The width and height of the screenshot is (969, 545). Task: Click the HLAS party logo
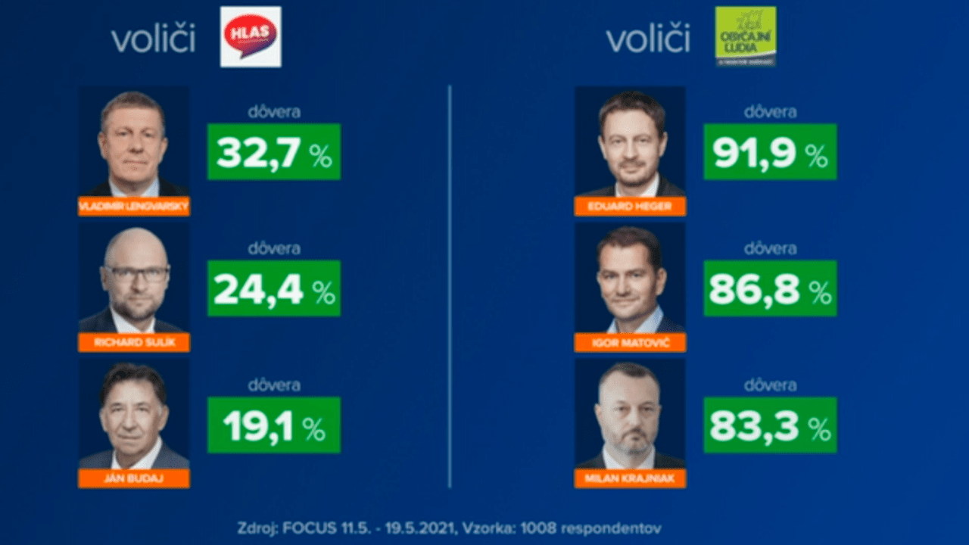coord(251,36)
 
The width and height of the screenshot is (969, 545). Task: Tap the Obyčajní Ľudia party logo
coord(746,36)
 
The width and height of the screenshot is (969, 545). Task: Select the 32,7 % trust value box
coord(274,152)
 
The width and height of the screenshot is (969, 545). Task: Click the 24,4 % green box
coord(274,288)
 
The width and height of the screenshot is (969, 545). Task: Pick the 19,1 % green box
coord(274,425)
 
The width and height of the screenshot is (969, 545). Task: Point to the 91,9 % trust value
coord(770,152)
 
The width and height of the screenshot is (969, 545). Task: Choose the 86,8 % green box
coord(770,288)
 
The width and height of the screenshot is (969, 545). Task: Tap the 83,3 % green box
coord(770,425)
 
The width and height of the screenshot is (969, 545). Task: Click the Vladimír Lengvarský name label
coord(134,206)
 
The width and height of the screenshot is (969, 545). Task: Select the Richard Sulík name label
coord(134,342)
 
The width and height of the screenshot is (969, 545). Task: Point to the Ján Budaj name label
coord(134,478)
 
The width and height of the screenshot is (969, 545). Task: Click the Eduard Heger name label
coord(630,206)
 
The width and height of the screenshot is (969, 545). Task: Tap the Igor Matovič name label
coord(630,342)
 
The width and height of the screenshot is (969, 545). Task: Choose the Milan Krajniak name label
coord(630,478)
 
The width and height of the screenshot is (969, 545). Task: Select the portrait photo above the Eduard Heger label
coord(630,142)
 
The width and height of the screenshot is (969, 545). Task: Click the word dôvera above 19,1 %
coord(274,385)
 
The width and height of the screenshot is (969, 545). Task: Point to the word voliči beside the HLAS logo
coord(153,39)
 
